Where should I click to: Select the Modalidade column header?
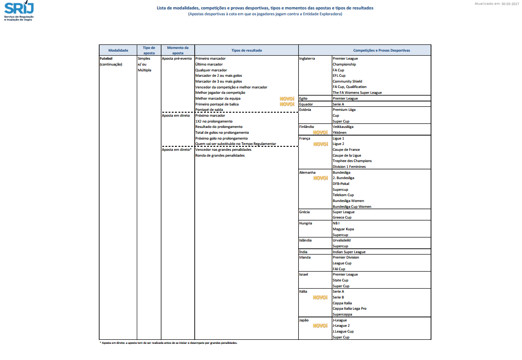click(118, 50)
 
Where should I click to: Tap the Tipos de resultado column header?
click(246, 50)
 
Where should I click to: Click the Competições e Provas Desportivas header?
click(381, 50)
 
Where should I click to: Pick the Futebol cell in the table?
click(106, 58)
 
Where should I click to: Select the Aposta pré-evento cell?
click(177, 58)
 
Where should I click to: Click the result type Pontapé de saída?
click(209, 110)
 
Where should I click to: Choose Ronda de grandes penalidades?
click(220, 155)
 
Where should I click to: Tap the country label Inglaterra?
click(307, 58)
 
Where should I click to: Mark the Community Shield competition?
click(347, 81)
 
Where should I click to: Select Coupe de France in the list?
click(346, 149)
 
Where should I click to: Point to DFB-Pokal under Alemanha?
click(341, 184)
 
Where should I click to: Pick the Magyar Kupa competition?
click(343, 229)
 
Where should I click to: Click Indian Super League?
click(349, 252)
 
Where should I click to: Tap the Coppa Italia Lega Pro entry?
click(349, 308)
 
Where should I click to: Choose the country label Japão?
click(304, 320)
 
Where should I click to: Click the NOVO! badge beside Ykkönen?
click(320, 132)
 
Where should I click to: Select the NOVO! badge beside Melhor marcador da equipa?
click(287, 98)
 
